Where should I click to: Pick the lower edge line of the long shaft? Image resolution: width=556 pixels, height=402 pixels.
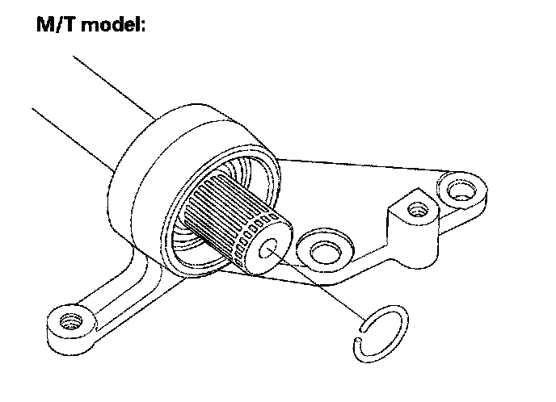73,138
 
